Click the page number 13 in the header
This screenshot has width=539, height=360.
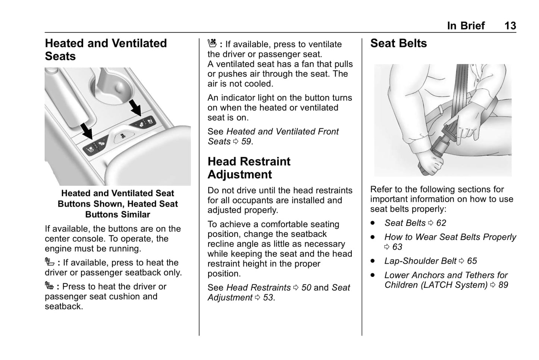(x=510, y=25)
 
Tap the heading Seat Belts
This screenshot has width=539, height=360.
(x=398, y=43)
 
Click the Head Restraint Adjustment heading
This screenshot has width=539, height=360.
(x=249, y=168)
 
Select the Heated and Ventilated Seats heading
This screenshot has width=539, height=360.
(x=106, y=50)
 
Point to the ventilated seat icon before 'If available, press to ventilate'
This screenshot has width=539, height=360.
(x=212, y=44)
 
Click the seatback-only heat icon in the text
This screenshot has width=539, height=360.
(x=50, y=262)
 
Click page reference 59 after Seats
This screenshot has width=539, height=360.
(x=246, y=142)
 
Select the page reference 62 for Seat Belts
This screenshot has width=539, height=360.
(x=441, y=223)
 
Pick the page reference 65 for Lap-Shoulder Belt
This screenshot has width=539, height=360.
(x=472, y=261)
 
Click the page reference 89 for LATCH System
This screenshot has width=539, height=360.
(x=503, y=285)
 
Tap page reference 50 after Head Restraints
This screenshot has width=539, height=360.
(x=306, y=288)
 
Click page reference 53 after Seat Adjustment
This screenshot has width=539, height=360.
(x=268, y=298)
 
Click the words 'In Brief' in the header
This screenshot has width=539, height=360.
(x=466, y=25)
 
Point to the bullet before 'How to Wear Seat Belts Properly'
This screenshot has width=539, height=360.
(x=373, y=237)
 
